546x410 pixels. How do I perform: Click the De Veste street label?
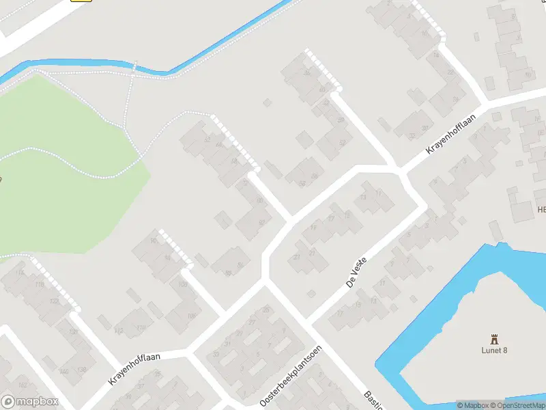(x=356, y=272)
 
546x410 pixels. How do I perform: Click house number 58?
(x=314, y=176)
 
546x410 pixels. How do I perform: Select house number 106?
(x=191, y=315)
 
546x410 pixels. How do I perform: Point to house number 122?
(x=53, y=301)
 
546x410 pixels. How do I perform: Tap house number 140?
(x=63, y=371)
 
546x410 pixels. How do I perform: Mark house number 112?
(x=119, y=331)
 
